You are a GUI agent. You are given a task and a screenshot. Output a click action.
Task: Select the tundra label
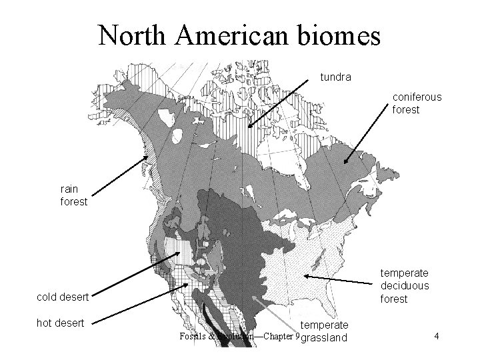coord(336,77)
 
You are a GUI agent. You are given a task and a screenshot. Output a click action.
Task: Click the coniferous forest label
coord(417,103)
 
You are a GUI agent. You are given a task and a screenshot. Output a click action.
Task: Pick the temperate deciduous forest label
coord(404,285)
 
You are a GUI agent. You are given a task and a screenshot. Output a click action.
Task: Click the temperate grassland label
coord(325,331)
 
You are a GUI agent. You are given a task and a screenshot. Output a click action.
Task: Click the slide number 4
coord(435,337)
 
